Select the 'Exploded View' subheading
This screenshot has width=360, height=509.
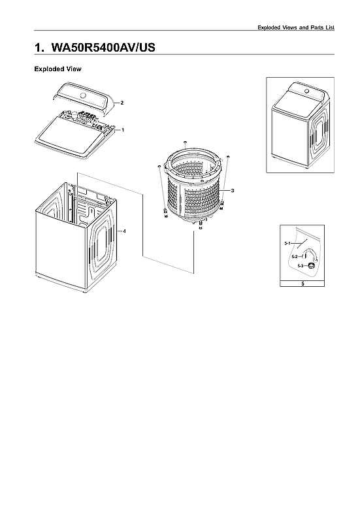pos(57,69)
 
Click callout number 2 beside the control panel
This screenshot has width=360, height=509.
pos(122,103)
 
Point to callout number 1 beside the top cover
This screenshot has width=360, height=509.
pos(123,130)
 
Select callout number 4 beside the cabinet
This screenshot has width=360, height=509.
pos(124,231)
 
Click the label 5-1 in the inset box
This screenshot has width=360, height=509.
pos(287,242)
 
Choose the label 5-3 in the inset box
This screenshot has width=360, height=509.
pos(301,266)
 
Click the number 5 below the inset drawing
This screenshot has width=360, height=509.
pos(302,284)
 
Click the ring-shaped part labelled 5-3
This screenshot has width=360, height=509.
pos(312,265)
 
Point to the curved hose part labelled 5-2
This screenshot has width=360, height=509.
pos(304,256)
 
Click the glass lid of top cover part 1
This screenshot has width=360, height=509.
pos(65,137)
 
